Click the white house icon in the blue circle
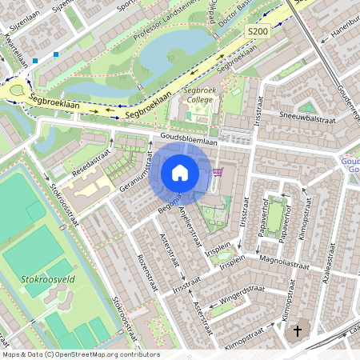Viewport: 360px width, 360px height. coord(179,173)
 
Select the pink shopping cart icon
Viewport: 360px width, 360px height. coord(218,172)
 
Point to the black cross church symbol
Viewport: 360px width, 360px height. coord(298,330)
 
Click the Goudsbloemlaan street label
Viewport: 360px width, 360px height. coord(188,139)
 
